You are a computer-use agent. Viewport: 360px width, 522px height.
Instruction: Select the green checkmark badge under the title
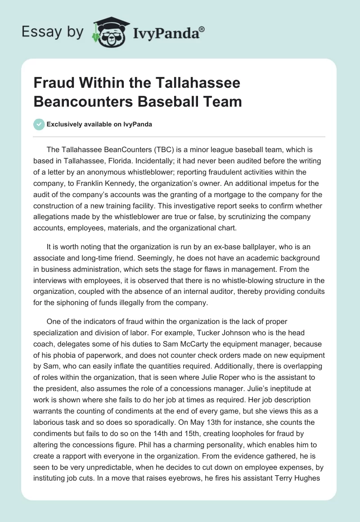(39, 124)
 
